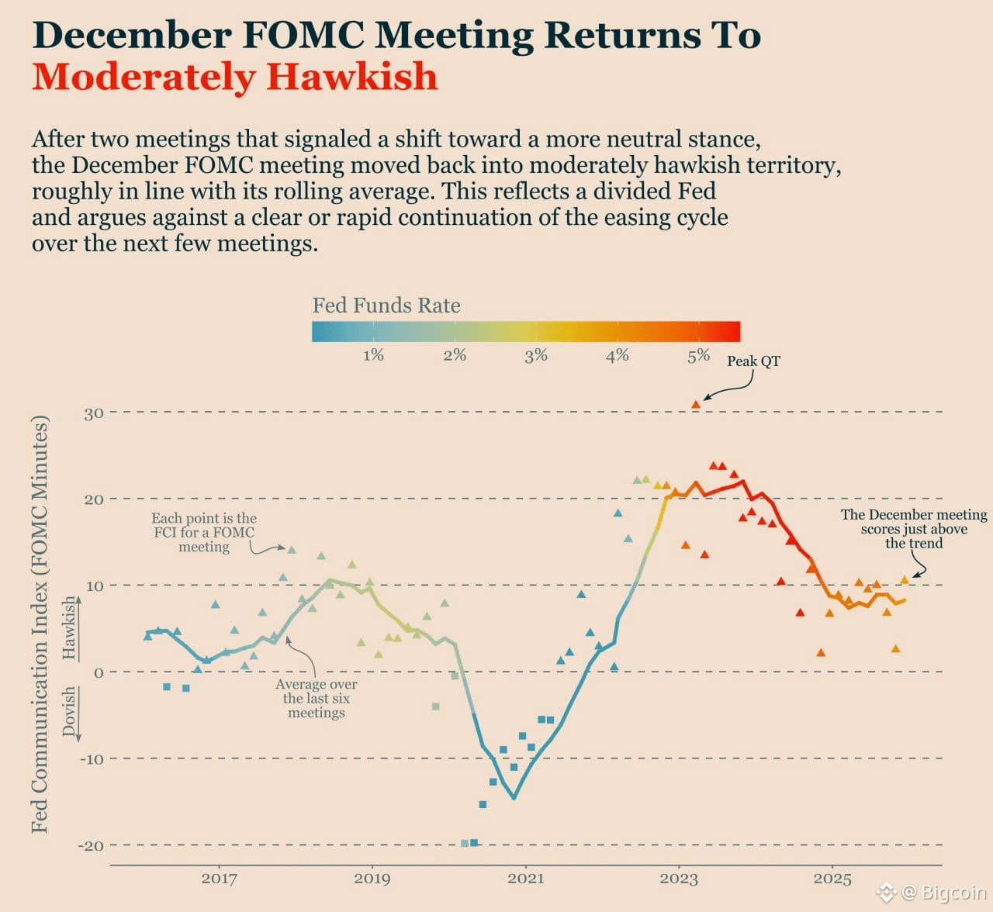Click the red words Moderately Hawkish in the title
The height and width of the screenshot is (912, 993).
point(234,77)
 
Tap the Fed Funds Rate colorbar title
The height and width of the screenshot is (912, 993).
point(386,306)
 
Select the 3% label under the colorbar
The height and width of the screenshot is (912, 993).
point(535,355)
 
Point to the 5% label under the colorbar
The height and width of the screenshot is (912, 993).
point(698,355)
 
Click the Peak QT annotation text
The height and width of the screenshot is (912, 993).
point(753,361)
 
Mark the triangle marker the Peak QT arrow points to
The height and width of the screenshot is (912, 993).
point(696,405)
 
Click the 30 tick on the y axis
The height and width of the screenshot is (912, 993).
point(94,413)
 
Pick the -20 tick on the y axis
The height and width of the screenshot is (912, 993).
point(91,845)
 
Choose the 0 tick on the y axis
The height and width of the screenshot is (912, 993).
point(99,672)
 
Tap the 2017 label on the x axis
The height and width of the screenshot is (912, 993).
point(219,879)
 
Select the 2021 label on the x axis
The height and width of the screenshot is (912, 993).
point(525,879)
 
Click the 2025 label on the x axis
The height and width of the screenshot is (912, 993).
point(832,879)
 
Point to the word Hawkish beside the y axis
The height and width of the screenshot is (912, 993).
point(70,628)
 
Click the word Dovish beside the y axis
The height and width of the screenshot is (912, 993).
point(70,711)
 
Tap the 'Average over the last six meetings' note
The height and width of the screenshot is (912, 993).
point(317,698)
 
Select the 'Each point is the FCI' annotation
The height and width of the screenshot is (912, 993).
point(204,532)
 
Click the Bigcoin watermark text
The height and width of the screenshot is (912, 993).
point(953,893)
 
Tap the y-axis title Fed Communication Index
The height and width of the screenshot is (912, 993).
point(40,624)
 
